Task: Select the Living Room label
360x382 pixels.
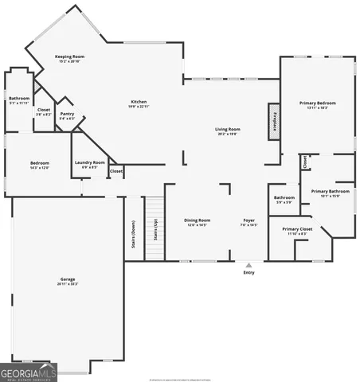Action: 227,131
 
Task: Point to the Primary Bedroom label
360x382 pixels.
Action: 318,104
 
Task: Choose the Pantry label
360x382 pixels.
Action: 67,116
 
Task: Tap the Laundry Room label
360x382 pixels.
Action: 89,165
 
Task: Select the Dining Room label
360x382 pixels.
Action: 197,222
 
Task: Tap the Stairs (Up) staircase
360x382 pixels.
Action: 154,228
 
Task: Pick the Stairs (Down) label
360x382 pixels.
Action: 133,232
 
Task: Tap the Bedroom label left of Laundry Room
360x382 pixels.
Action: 39,166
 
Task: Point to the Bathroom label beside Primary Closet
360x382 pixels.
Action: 284,199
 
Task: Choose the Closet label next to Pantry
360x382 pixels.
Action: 43,111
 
